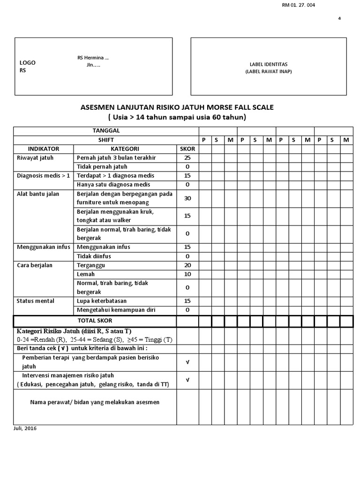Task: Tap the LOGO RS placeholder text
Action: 27,67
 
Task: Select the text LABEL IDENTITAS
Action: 269,64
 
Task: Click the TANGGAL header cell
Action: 106,131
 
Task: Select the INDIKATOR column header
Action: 44,149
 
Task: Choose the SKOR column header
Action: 187,149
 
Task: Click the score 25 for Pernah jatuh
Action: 187,157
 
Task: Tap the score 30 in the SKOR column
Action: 187,198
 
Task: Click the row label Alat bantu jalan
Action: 38,194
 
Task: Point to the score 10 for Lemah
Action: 187,274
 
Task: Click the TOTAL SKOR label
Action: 95,321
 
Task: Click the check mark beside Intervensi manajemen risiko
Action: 187,380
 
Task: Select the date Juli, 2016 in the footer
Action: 25,428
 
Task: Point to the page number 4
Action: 339,19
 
